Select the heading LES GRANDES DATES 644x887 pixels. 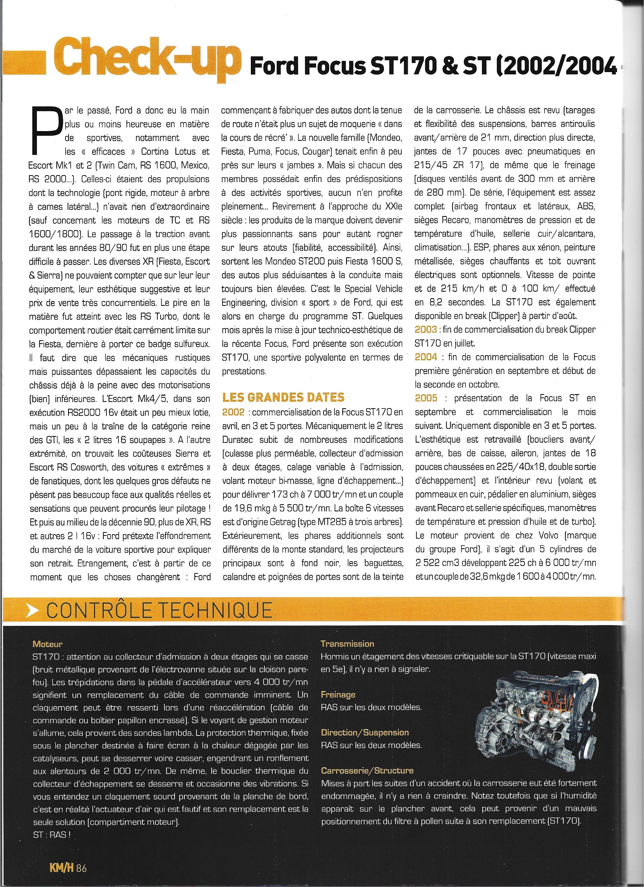[x=283, y=397]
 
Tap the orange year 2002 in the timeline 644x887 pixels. [x=233, y=412]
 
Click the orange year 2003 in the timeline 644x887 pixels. [x=426, y=329]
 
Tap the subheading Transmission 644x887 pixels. [x=347, y=644]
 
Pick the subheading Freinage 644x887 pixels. [x=338, y=695]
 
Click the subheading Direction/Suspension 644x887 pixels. [x=365, y=733]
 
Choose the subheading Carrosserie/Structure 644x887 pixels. [x=367, y=771]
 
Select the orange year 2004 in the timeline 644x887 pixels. [x=426, y=357]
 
